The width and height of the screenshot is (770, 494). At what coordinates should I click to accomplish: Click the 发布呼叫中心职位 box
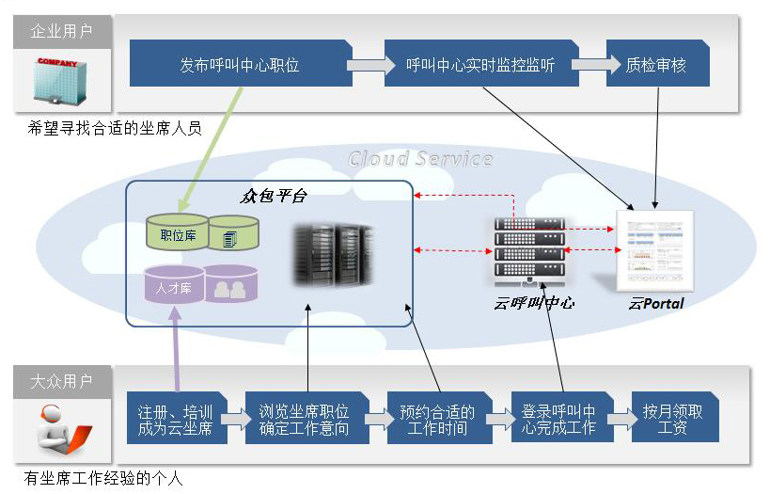click(x=240, y=65)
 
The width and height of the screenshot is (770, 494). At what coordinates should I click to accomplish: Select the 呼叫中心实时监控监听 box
click(x=479, y=65)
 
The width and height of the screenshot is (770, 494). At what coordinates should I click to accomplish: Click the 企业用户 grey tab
click(x=62, y=32)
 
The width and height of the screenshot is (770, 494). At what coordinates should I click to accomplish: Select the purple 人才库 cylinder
click(x=175, y=285)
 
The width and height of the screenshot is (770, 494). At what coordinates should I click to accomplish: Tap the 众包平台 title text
click(x=274, y=196)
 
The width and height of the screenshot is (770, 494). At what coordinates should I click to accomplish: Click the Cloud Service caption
click(x=420, y=158)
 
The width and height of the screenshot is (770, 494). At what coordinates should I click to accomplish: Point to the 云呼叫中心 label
click(x=533, y=303)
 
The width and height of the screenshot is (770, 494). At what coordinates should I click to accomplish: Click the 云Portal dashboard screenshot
click(x=655, y=250)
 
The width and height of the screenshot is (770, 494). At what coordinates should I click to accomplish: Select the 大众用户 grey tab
click(x=62, y=381)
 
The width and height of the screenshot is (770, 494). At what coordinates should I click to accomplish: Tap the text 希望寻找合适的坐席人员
click(x=115, y=129)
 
